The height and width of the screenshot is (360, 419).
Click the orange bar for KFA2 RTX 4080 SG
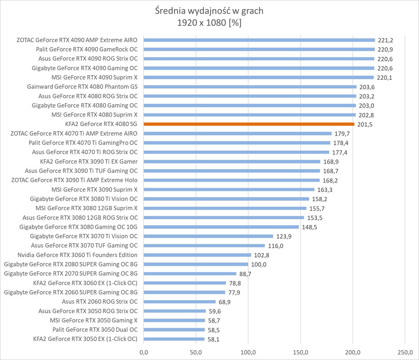[x=249, y=124]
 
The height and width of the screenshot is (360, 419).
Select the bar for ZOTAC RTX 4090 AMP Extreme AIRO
[x=259, y=40]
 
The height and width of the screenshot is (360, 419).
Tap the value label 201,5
[x=365, y=124]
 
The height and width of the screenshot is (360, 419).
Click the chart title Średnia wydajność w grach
[x=209, y=11]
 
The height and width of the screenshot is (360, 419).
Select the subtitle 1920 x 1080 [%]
[x=209, y=23]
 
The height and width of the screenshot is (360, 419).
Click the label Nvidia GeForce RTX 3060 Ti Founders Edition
[x=77, y=255]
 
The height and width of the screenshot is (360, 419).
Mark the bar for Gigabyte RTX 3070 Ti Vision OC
[x=208, y=237]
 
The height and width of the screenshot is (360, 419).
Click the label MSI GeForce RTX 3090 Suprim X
[x=94, y=190]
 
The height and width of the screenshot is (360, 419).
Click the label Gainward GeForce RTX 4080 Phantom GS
[x=82, y=87]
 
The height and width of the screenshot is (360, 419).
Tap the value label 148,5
[x=309, y=227]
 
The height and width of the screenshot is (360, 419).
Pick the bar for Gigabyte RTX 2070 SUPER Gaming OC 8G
[x=190, y=274]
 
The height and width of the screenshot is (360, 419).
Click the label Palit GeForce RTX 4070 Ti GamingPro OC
[x=83, y=143]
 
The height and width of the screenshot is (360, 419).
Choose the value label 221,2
[x=385, y=40]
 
